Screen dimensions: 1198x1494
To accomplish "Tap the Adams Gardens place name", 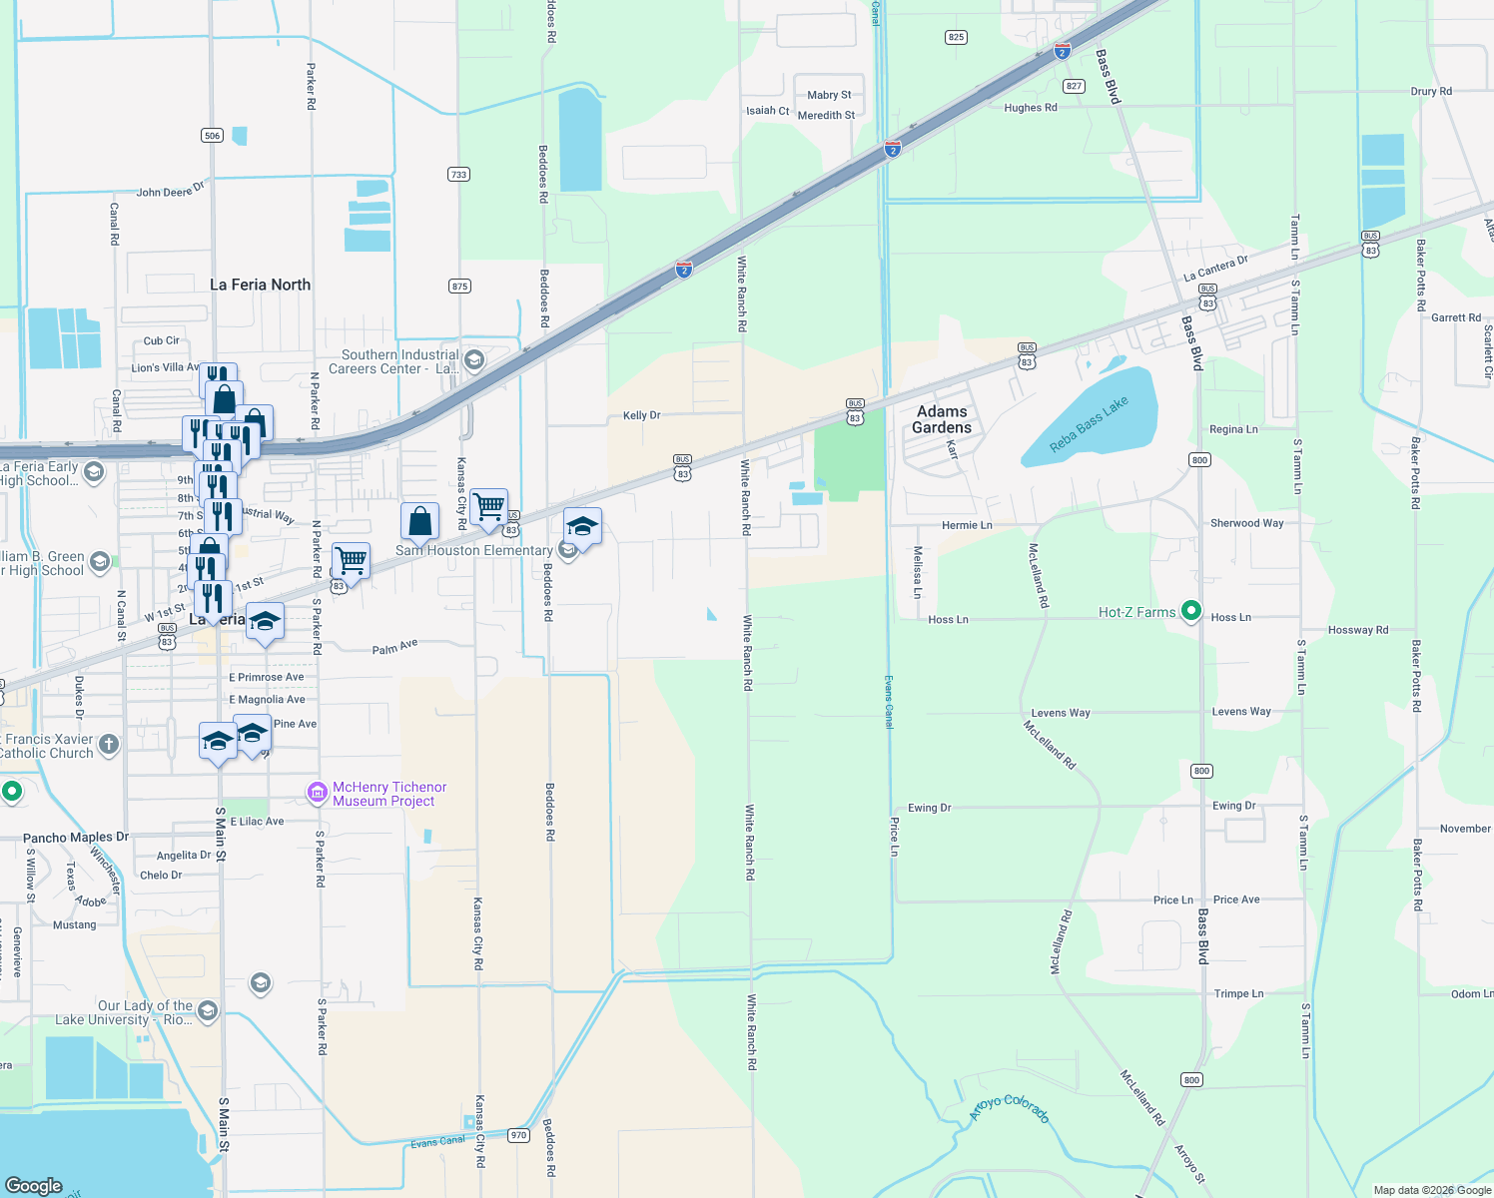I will tap(942, 419).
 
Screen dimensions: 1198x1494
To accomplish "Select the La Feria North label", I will tap(260, 285).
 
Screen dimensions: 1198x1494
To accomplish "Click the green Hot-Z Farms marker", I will tap(1190, 611).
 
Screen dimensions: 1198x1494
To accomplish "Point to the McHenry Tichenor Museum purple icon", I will tap(318, 794).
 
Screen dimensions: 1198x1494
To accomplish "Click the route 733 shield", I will tap(458, 174).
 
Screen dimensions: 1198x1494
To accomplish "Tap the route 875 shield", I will tap(459, 286).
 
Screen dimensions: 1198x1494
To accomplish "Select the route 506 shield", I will tap(212, 135).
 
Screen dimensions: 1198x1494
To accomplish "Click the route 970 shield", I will tap(518, 1135).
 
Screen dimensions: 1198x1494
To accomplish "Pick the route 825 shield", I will tap(956, 37).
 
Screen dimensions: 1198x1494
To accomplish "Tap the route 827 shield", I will tap(1075, 86).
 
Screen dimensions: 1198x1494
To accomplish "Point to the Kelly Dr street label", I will tap(641, 415).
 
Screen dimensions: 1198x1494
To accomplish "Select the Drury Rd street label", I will tap(1431, 91).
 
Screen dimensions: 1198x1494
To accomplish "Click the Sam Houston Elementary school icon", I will tap(567, 550).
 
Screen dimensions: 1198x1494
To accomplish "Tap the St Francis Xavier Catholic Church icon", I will tap(109, 744).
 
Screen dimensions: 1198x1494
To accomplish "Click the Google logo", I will tap(34, 1185).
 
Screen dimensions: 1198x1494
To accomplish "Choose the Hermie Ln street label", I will tap(967, 525).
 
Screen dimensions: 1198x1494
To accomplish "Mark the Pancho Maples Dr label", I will tap(76, 838).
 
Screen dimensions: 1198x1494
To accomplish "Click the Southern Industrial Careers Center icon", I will tap(474, 360).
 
